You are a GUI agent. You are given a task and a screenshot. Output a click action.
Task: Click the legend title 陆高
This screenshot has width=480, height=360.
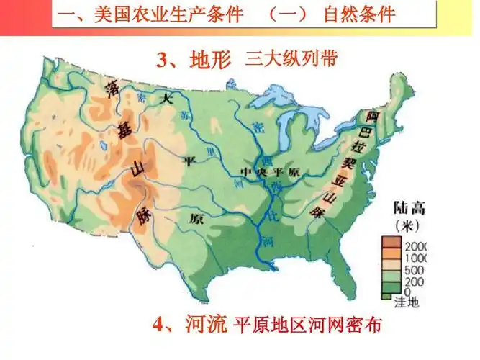pyautogui.click(x=409, y=210)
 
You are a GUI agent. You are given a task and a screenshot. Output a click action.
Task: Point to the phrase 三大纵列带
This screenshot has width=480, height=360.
pyautogui.click(x=291, y=60)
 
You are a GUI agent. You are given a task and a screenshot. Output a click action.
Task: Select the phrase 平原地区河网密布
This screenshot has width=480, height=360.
pyautogui.click(x=307, y=325)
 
